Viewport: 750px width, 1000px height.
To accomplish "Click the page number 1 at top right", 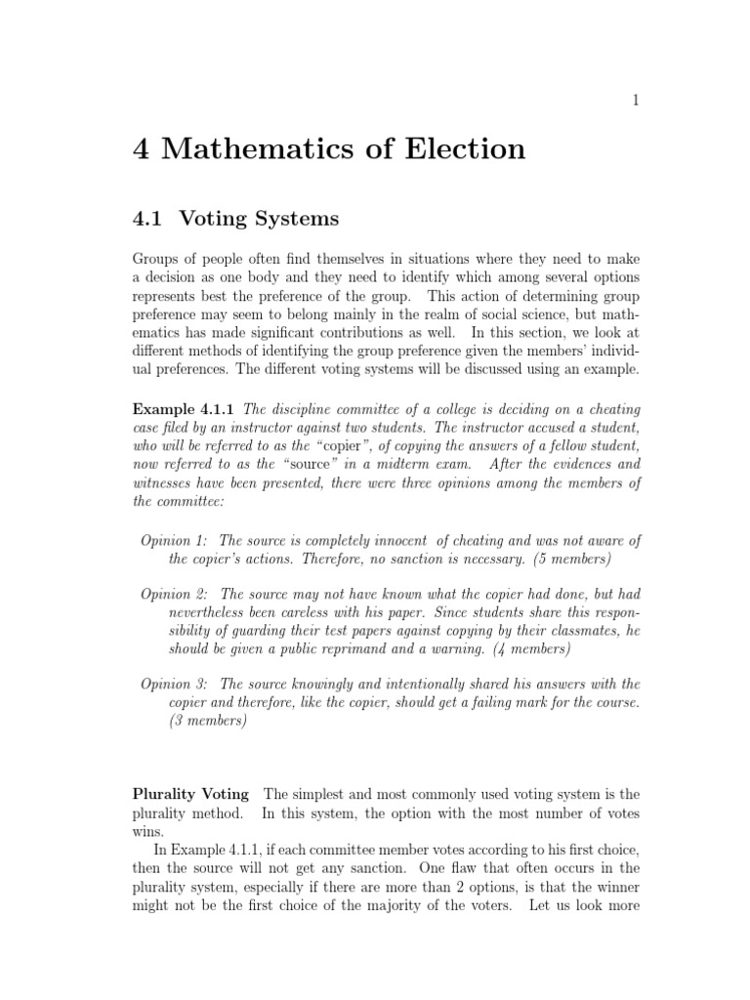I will click(x=635, y=99).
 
